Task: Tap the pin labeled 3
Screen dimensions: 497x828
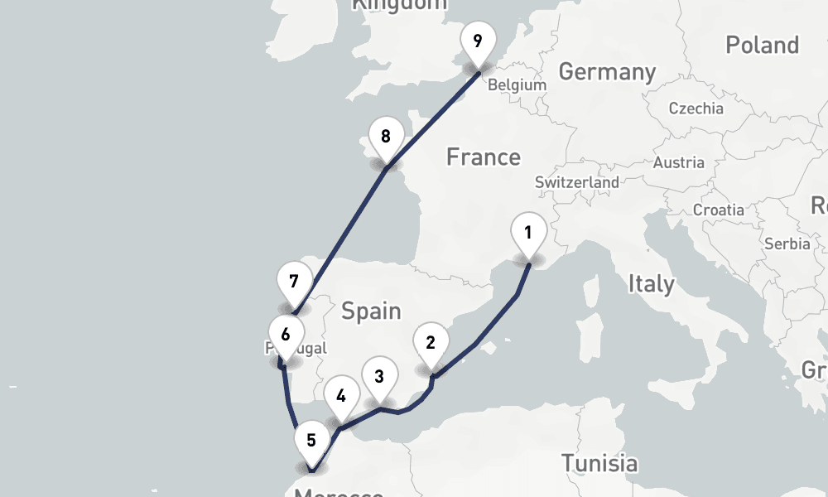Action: [379, 378]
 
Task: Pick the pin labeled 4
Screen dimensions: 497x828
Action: [340, 397]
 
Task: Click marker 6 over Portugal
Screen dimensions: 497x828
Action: [285, 336]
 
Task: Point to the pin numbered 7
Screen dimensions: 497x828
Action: [294, 282]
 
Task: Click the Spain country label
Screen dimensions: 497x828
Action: [371, 311]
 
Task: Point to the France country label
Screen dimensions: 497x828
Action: [484, 157]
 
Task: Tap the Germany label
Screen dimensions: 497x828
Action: [607, 72]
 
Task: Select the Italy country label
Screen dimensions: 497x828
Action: [651, 284]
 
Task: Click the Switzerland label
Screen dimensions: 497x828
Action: [577, 182]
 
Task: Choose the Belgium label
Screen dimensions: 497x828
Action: [517, 85]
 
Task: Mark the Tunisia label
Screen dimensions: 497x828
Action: [599, 463]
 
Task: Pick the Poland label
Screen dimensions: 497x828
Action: [762, 45]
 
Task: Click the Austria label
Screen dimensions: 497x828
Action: [679, 163]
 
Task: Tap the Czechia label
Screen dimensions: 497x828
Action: [696, 109]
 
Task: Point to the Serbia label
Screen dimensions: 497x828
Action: [787, 244]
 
